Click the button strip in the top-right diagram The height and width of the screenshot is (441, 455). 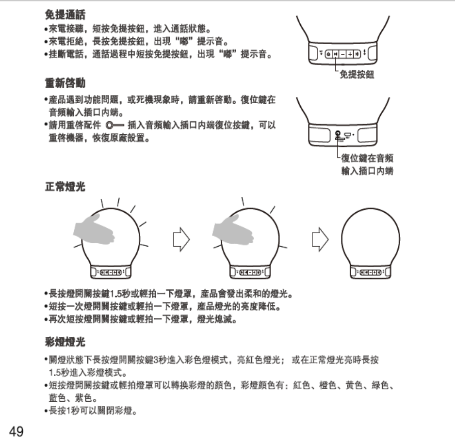pyautogui.click(x=342, y=54)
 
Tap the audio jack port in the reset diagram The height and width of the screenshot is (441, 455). pyautogui.click(x=339, y=134)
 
